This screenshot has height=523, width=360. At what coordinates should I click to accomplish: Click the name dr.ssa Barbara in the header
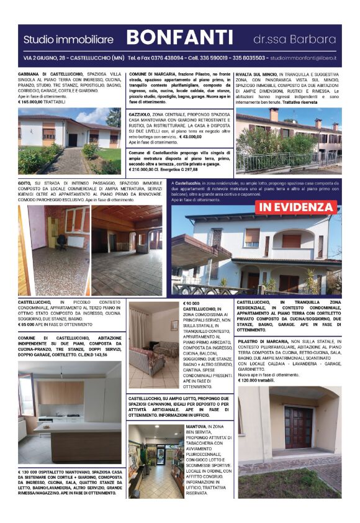[x=294, y=39]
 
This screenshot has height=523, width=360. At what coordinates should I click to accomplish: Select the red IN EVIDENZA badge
[x=297, y=206]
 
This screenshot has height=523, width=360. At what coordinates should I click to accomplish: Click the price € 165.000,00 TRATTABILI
[x=43, y=102]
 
